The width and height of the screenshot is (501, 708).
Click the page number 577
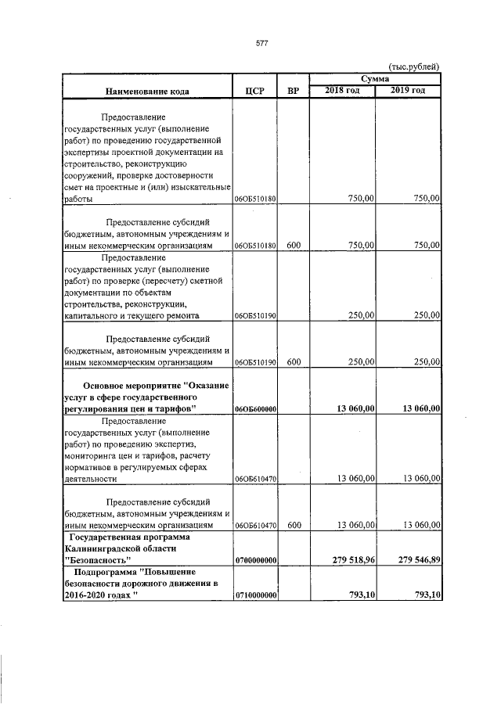point(262,44)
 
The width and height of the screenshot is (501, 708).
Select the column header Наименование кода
point(147,92)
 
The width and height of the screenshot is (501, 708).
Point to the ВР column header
point(294,92)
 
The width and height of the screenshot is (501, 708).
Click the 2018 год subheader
point(343,91)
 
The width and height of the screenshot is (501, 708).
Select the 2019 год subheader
point(408,91)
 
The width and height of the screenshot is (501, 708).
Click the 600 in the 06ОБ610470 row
point(294,526)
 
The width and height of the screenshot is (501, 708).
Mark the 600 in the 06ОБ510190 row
point(294,362)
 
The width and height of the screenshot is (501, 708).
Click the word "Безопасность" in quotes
point(96,561)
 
